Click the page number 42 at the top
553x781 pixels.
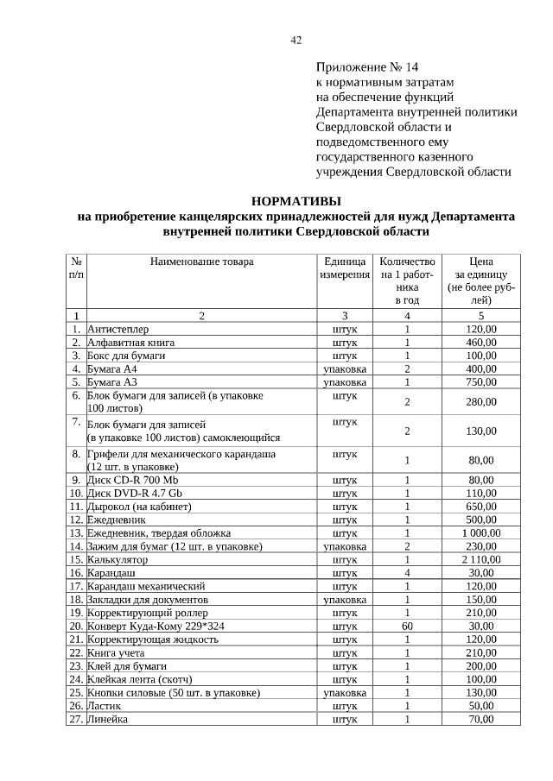coord(296,40)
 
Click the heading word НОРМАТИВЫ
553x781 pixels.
coord(296,201)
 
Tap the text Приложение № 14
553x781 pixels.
coord(367,67)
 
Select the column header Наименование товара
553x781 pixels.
coord(201,261)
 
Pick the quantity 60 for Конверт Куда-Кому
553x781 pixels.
coord(407,626)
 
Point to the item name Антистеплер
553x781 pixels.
coord(118,329)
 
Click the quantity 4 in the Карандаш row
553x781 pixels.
coord(407,572)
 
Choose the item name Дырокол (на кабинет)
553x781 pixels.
coord(139,507)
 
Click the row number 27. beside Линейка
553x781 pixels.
coord(76,719)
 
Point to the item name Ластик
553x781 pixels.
coord(105,705)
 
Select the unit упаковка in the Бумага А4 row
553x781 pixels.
coord(345,368)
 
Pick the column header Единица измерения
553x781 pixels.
coord(345,267)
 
